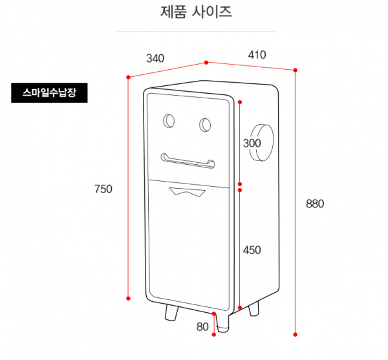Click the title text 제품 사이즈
[x=196, y=12]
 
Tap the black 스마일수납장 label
[x=49, y=93]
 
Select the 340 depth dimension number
[x=155, y=58]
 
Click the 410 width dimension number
[x=257, y=55]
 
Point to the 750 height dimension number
[x=103, y=189]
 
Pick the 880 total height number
[x=315, y=204]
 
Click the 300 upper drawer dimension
[x=252, y=143]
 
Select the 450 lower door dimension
[x=252, y=249]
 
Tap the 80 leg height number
[x=202, y=327]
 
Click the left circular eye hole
[x=169, y=120]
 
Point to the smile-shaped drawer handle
[x=188, y=161]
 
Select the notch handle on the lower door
[x=186, y=191]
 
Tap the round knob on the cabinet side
[x=264, y=143]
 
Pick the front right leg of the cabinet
[x=222, y=320]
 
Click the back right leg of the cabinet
[x=254, y=309]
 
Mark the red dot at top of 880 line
[x=296, y=69]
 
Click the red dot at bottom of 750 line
[x=129, y=298]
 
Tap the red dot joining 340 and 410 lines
[x=206, y=63]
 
